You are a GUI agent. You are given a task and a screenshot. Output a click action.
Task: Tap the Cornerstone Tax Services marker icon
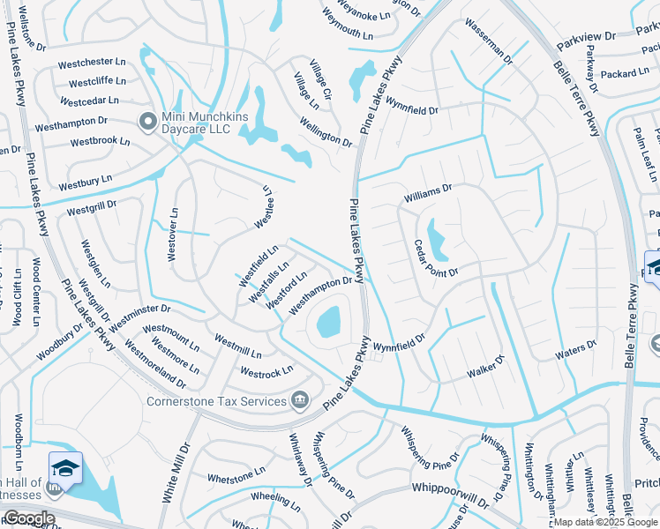300,401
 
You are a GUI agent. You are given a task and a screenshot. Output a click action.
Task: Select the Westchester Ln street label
92,63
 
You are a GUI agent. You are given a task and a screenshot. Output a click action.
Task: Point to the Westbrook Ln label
100,141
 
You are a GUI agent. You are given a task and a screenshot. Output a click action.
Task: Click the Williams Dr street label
428,191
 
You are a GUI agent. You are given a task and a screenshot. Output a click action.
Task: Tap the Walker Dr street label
485,367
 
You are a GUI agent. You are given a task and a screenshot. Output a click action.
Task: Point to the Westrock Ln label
266,373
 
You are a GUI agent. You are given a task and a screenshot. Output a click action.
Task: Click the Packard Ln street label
628,74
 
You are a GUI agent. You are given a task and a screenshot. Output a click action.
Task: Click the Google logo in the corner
28,518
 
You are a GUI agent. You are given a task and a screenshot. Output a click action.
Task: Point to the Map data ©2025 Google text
604,522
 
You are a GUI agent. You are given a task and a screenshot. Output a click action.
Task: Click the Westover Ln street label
172,235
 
